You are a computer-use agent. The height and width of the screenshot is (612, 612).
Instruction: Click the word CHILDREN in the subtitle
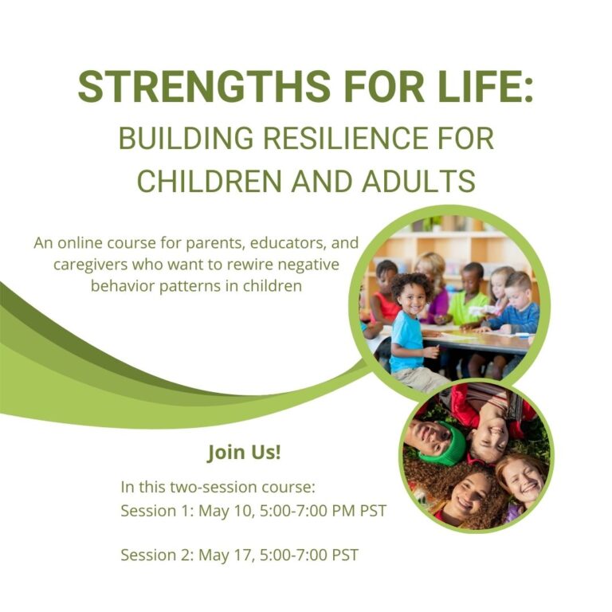tap(210, 181)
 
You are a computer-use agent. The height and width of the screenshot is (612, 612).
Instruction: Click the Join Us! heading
tap(244, 453)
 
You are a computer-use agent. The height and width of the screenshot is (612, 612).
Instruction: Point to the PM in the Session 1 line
tap(344, 511)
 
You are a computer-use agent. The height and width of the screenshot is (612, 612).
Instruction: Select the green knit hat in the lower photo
tap(444, 445)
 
